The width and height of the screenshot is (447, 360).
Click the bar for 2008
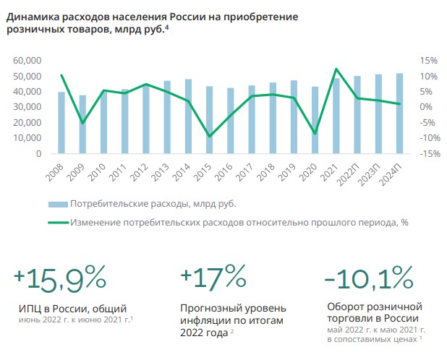61,123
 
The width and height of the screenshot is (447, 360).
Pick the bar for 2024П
399,113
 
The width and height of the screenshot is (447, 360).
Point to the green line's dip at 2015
209,136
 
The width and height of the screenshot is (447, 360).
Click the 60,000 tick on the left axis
28,61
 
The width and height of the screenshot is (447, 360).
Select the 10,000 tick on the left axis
28,138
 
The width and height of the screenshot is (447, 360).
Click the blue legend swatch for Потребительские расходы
58,204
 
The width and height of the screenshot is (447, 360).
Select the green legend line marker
58,222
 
